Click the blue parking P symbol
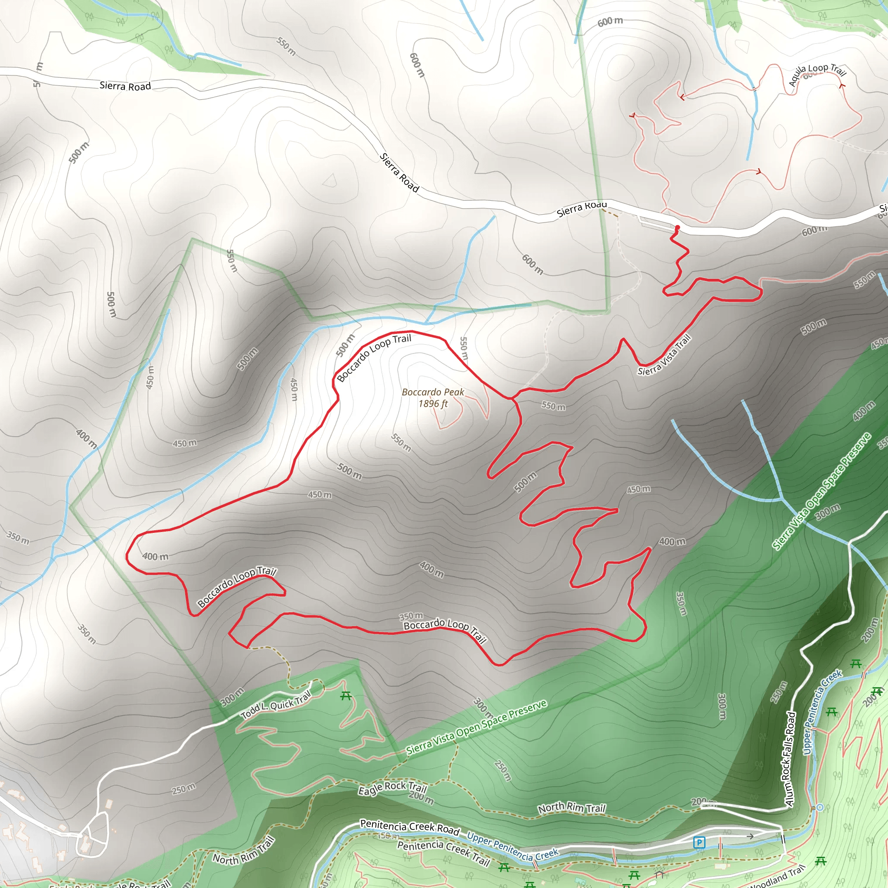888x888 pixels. point(699,842)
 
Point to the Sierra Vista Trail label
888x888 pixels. point(664,355)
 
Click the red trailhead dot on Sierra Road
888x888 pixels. point(677,228)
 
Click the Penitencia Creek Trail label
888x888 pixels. point(443,852)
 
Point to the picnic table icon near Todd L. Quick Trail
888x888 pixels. point(346,696)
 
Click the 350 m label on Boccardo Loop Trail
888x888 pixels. point(411,616)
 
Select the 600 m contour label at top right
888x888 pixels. point(610,21)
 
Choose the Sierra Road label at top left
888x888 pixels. point(125,86)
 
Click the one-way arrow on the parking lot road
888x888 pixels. point(750,836)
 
